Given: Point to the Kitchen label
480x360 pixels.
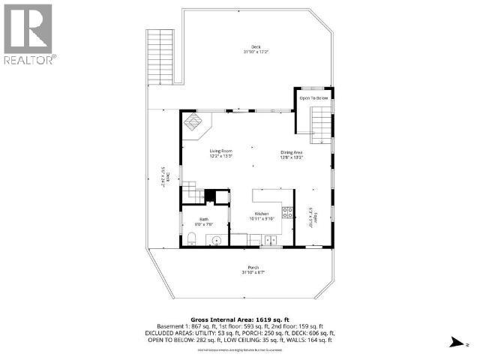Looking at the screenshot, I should click(262, 216).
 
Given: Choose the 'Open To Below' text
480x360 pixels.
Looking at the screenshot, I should click(314, 98).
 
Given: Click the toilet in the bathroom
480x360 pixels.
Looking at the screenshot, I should click(192, 240).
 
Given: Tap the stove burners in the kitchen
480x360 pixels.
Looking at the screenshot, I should click(287, 211).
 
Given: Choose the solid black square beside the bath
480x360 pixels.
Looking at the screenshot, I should click(211, 197).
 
